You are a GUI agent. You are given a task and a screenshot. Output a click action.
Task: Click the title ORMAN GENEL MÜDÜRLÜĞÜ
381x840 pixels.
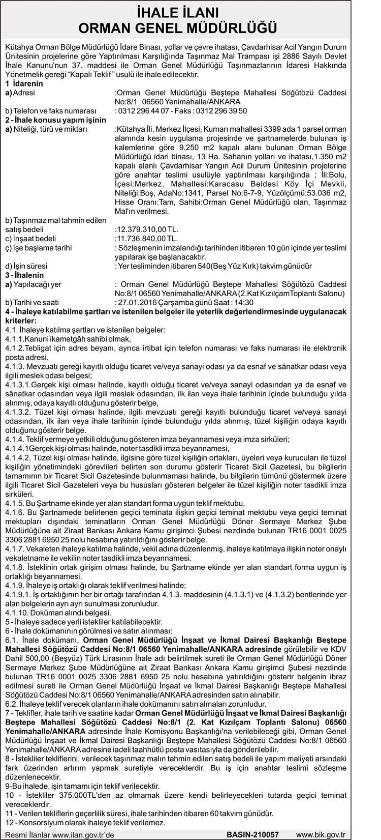pyautogui.click(x=190, y=27)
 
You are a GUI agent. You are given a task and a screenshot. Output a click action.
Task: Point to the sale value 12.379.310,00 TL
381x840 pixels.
pyautogui.click(x=147, y=229)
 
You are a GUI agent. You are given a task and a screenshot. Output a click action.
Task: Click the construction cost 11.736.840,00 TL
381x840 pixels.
pyautogui.click(x=147, y=238)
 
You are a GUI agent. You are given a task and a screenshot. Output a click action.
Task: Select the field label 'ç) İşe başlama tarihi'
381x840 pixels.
pyautogui.click(x=38, y=248)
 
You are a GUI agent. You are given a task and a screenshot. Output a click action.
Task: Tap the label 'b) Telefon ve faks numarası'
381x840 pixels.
pyautogui.click(x=50, y=111)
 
